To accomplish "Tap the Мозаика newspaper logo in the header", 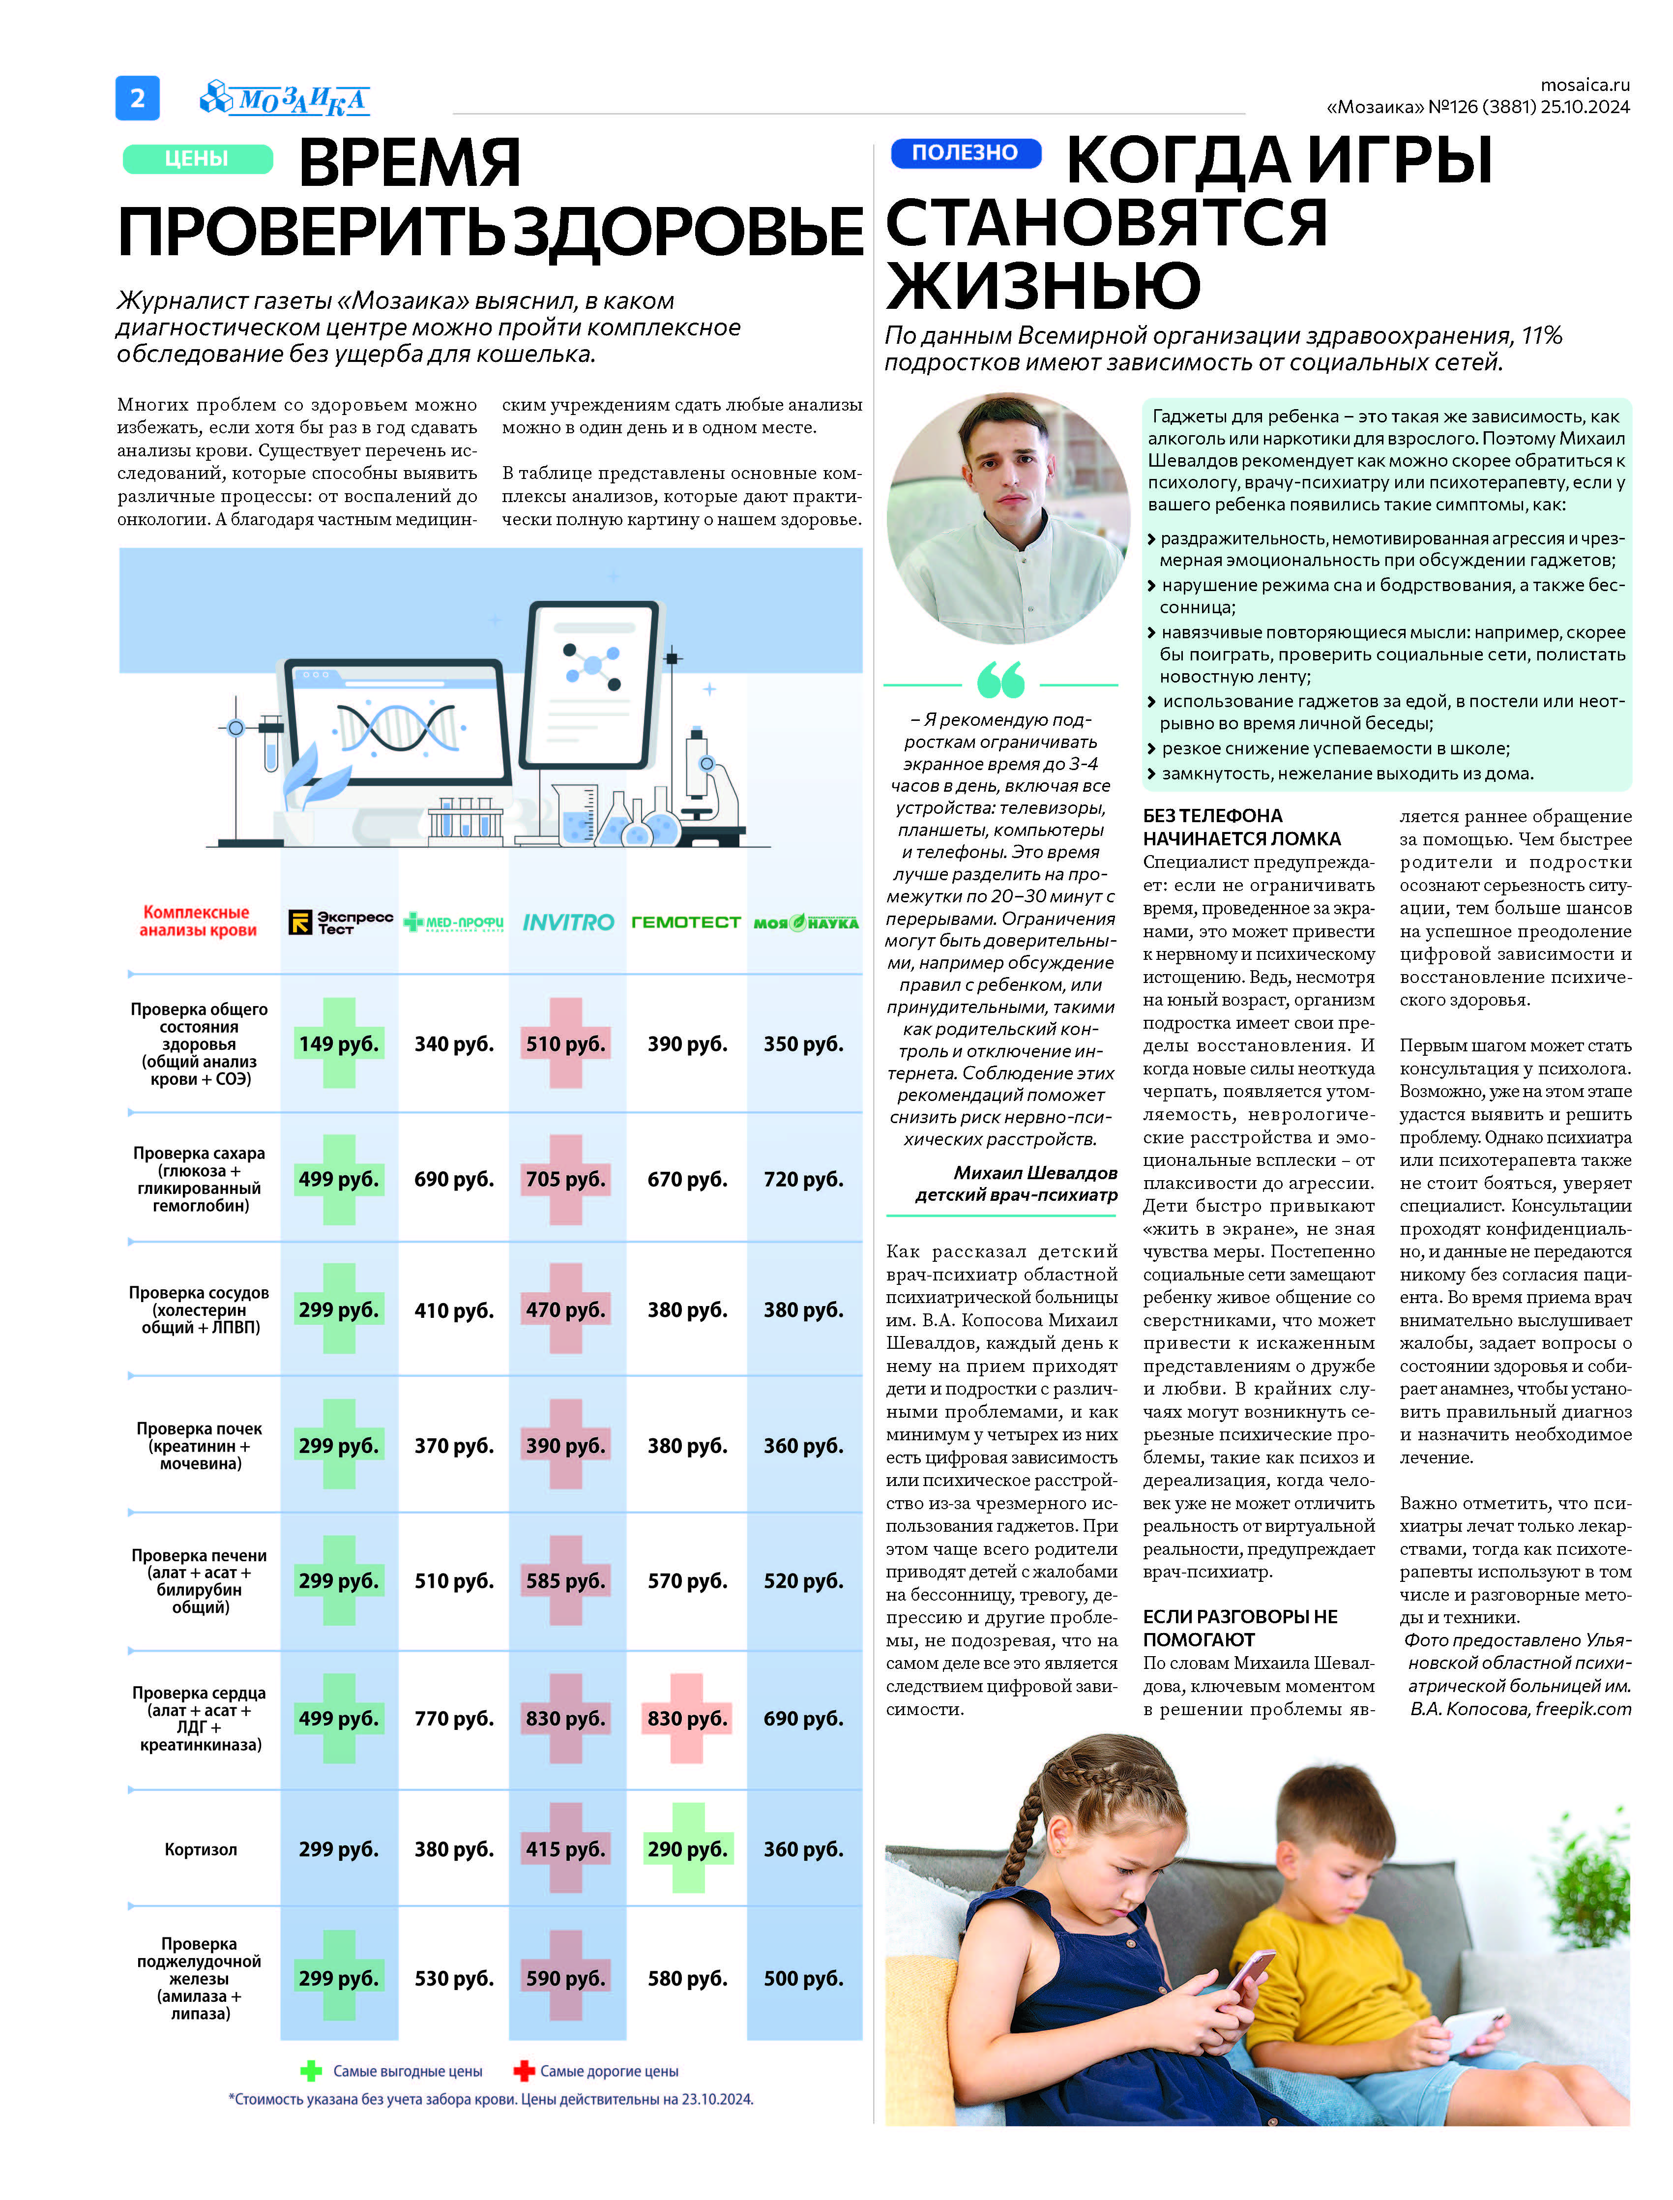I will pyautogui.click(x=286, y=99).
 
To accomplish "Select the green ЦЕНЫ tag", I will pyautogui.click(x=197, y=158).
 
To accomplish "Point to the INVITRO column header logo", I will pyautogui.click(x=568, y=922).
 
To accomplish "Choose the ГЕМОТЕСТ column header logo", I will pyautogui.click(x=686, y=922).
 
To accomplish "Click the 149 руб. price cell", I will pyautogui.click(x=339, y=1044).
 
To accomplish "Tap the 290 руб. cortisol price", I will pyautogui.click(x=687, y=1849).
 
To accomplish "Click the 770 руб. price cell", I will pyautogui.click(x=454, y=1718).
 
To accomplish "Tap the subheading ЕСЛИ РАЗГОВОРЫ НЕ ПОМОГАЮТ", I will pyautogui.click(x=1240, y=1627).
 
